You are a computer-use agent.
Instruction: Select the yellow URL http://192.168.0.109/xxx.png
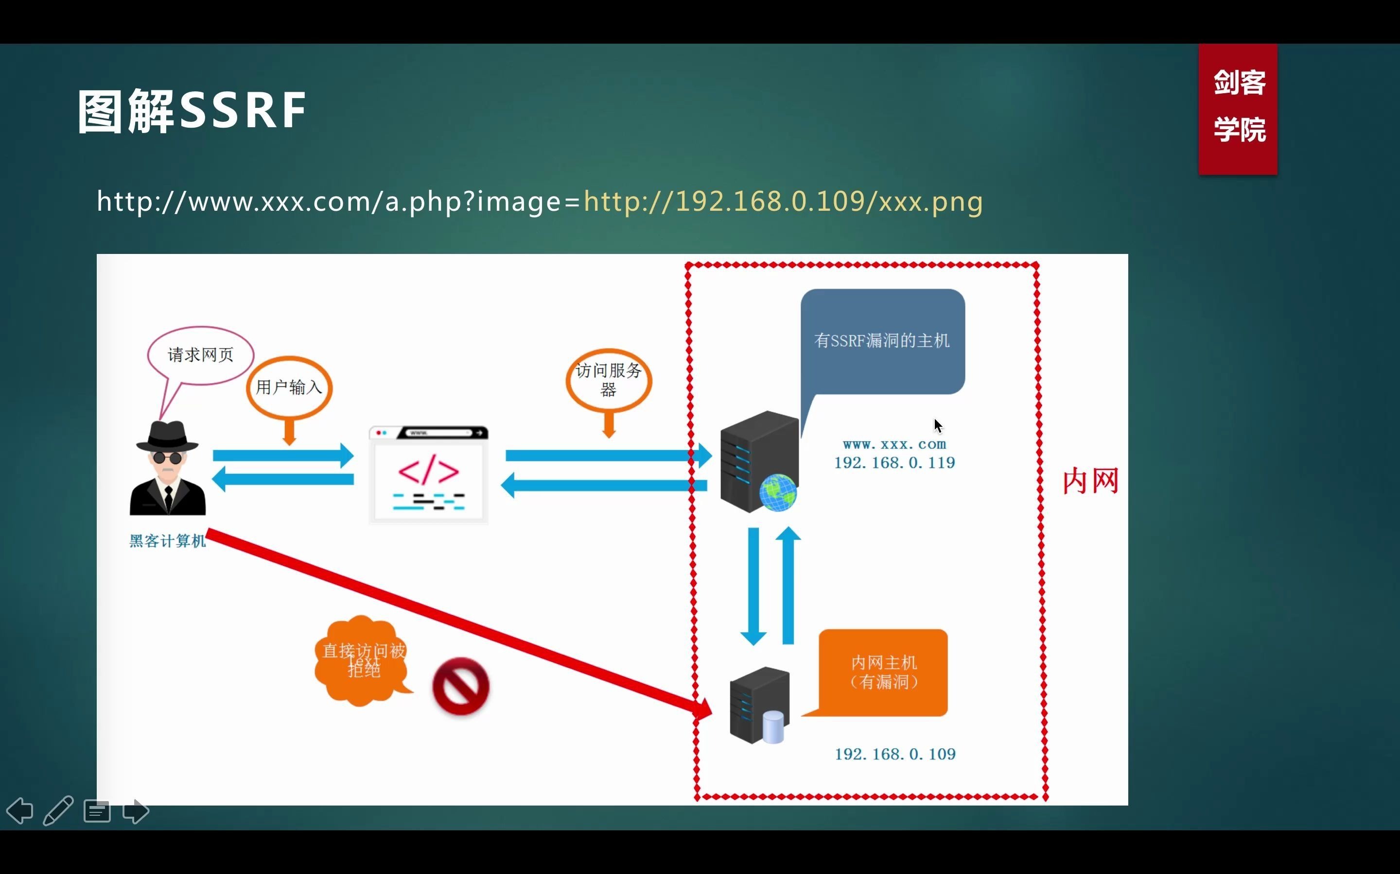coord(783,202)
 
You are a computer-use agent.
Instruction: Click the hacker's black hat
coord(167,437)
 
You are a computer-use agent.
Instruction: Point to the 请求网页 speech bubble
coord(201,354)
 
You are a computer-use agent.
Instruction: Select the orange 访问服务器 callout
coord(609,380)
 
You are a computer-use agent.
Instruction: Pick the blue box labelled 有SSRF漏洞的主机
coord(882,341)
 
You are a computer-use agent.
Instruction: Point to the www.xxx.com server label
coord(894,444)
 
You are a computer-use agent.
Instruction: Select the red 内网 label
coord(1090,481)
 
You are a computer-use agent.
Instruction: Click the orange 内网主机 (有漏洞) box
coord(883,672)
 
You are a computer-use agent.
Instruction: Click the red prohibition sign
coord(461,686)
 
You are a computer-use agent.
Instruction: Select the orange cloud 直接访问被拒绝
coord(363,660)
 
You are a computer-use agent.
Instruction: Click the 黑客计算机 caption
coord(167,541)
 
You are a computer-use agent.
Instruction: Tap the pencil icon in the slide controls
coord(58,810)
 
